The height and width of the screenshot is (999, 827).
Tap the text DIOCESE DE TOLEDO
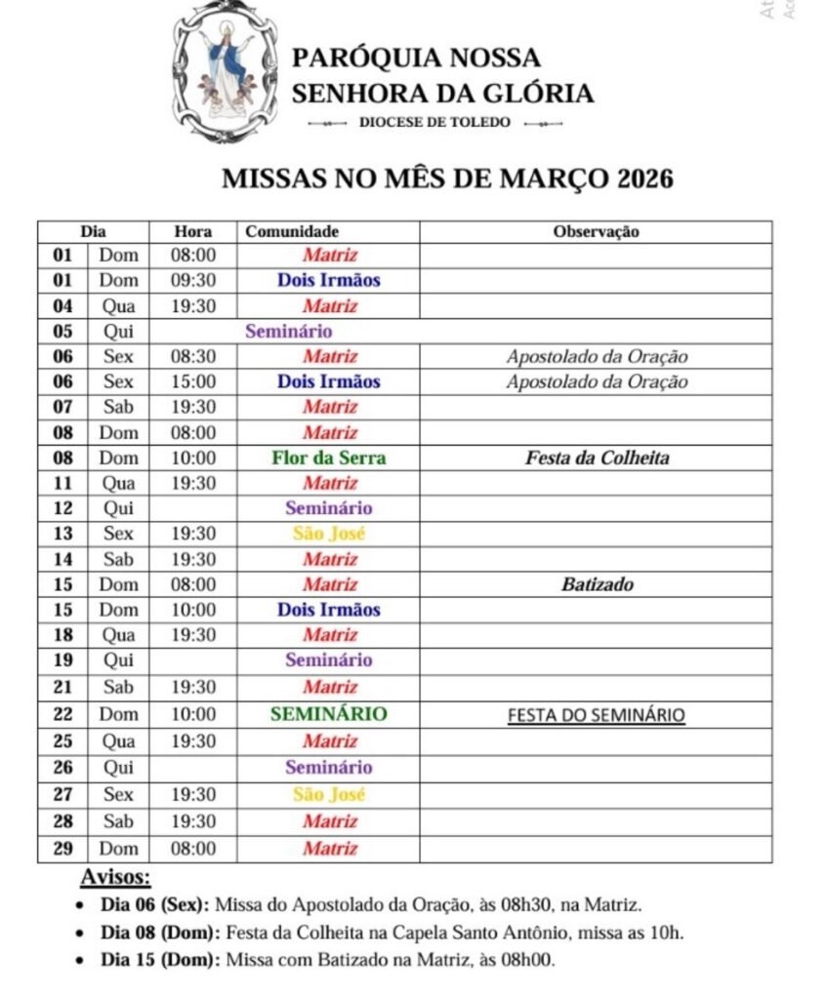click(434, 123)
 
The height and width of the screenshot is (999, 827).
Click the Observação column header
click(596, 232)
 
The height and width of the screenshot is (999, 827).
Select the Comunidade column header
click(292, 232)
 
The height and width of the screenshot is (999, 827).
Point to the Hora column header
click(192, 232)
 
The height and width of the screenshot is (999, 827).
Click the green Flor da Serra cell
click(329, 458)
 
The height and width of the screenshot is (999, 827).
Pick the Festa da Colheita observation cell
click(597, 458)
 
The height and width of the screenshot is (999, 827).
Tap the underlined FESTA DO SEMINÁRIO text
click(596, 715)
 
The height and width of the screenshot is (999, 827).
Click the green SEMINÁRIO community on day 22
click(329, 714)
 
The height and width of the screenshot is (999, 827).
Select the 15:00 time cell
click(192, 381)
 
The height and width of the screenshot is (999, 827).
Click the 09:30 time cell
click(192, 280)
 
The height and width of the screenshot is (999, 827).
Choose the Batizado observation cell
click(597, 585)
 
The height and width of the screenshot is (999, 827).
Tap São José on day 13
click(329, 534)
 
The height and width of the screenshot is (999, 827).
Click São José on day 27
click(329, 794)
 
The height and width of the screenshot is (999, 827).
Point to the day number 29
click(62, 849)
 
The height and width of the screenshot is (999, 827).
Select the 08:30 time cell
click(192, 356)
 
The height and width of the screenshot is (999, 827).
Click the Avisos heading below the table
click(115, 876)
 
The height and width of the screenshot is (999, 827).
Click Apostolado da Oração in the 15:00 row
click(597, 381)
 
